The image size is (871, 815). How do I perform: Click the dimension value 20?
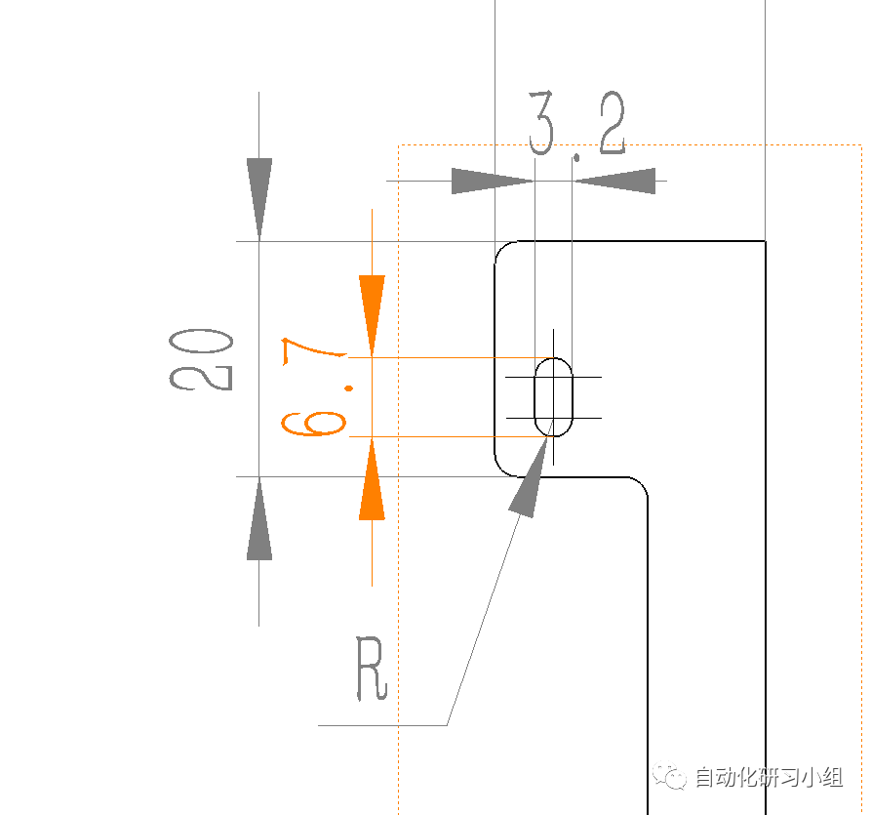click(201, 360)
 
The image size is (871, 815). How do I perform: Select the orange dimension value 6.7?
click(314, 387)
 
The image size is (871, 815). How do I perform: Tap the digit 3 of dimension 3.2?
click(541, 123)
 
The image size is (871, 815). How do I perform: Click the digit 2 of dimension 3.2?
click(613, 123)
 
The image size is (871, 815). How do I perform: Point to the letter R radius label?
click(371, 669)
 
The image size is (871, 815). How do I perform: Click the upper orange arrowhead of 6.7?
click(372, 315)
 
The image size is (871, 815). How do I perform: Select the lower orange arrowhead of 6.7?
click(372, 479)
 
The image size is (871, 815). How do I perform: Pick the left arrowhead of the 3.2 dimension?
click(493, 181)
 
